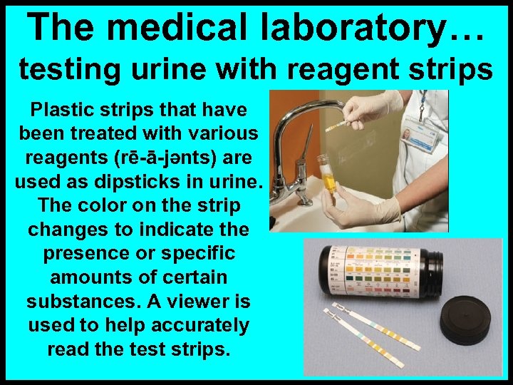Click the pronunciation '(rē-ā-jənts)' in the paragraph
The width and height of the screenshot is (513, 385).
(x=184, y=158)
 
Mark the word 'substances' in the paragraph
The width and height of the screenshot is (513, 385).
(x=82, y=302)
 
